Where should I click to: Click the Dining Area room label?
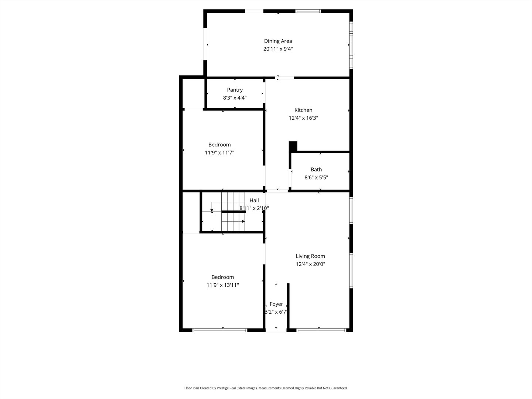278,41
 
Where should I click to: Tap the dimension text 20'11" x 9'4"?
278,49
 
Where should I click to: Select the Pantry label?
235,90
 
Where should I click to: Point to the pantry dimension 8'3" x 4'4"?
235,98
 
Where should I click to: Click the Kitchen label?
303,110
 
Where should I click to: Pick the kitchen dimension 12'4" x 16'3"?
303,118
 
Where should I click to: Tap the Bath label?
316,170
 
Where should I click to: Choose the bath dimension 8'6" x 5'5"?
316,177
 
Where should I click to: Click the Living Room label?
310,256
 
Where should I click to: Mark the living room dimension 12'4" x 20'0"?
310,264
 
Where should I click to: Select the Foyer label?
276,304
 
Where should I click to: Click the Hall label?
254,200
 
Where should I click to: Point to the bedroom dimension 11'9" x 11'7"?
219,153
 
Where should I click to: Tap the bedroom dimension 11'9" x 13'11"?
222,285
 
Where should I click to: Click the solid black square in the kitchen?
293,146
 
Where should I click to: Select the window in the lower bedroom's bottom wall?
220,330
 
